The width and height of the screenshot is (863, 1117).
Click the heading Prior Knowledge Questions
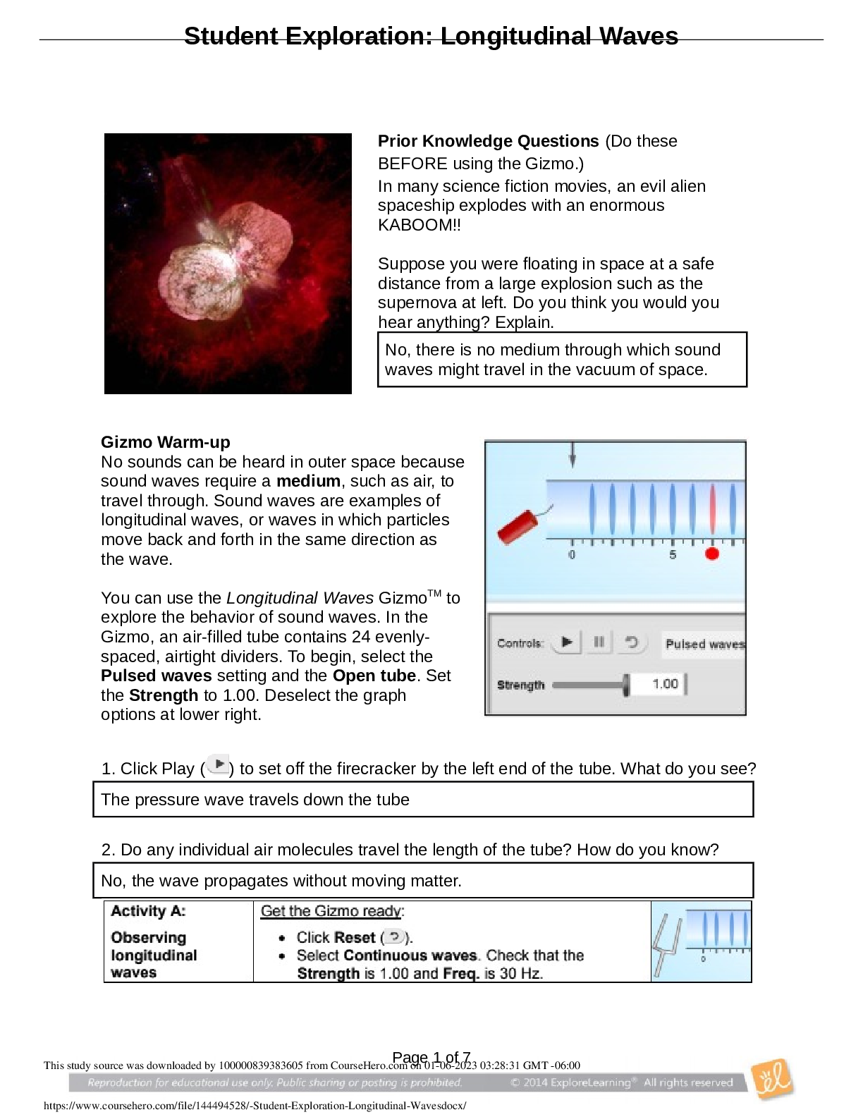click(488, 141)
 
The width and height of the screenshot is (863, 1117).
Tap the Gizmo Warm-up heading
click(166, 442)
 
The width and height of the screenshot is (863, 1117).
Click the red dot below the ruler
click(712, 554)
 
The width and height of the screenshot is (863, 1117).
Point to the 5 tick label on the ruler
click(673, 555)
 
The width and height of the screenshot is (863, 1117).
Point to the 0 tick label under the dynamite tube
click(572, 555)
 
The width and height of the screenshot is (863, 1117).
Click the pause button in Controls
click(599, 642)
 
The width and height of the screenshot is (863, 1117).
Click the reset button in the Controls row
click(632, 642)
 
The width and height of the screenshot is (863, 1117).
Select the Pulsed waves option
click(704, 644)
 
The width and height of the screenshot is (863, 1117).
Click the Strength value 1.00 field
click(664, 684)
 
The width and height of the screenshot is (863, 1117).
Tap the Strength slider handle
click(626, 685)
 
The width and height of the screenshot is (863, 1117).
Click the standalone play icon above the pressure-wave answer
click(218, 764)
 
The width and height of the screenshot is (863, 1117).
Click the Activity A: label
click(148, 911)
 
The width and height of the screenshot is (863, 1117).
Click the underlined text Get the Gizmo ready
click(331, 911)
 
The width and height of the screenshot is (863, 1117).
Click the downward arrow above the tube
click(573, 455)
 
